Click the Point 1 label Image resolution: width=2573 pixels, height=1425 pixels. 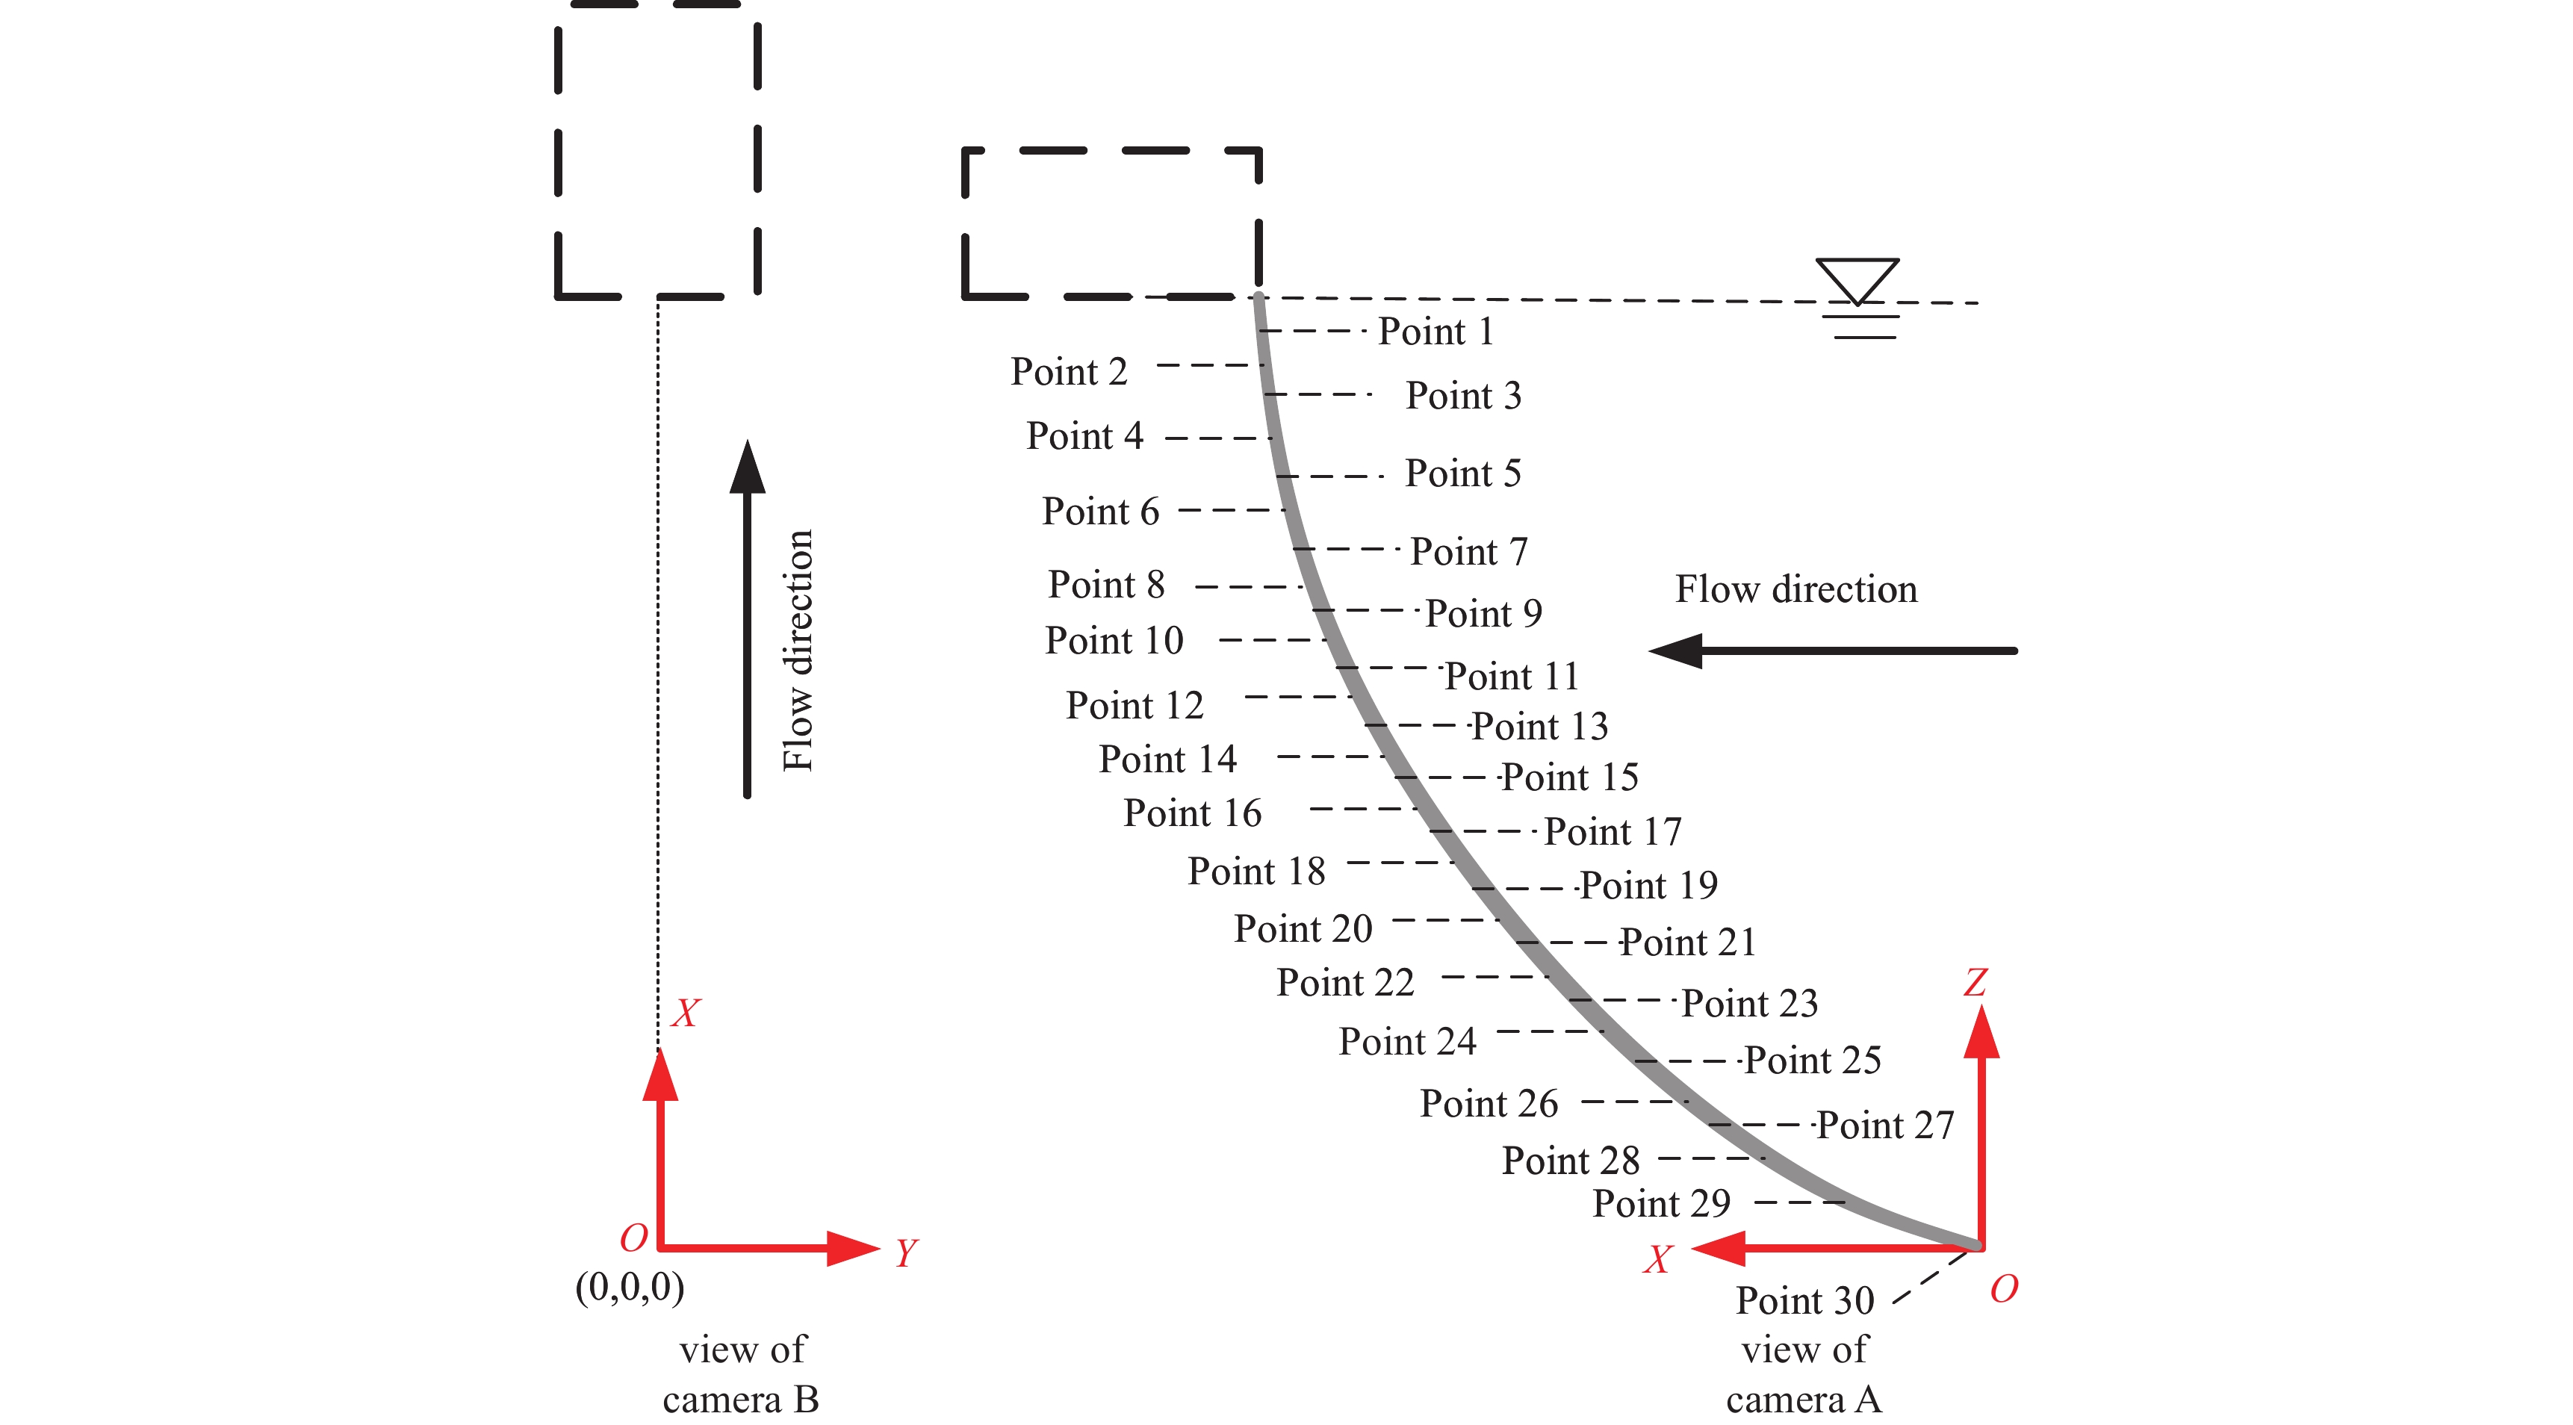point(1436,332)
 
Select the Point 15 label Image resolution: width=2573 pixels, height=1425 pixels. point(1569,777)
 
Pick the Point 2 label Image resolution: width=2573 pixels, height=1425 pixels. point(1069,371)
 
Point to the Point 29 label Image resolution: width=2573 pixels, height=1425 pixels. point(1660,1203)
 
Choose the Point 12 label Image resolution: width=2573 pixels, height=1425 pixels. point(1134,706)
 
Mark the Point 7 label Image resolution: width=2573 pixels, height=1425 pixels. point(1468,551)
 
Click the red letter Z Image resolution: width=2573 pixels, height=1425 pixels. point(1975,983)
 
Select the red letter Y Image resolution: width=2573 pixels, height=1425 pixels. point(906,1252)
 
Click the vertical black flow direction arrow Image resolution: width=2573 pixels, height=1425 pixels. point(747,619)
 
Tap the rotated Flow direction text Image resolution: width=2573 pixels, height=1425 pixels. point(797,650)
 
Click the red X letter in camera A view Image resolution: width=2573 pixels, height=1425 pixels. point(1658,1259)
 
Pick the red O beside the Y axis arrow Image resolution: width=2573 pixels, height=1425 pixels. point(633,1238)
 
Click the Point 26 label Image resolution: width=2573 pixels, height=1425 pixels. point(1489,1103)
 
